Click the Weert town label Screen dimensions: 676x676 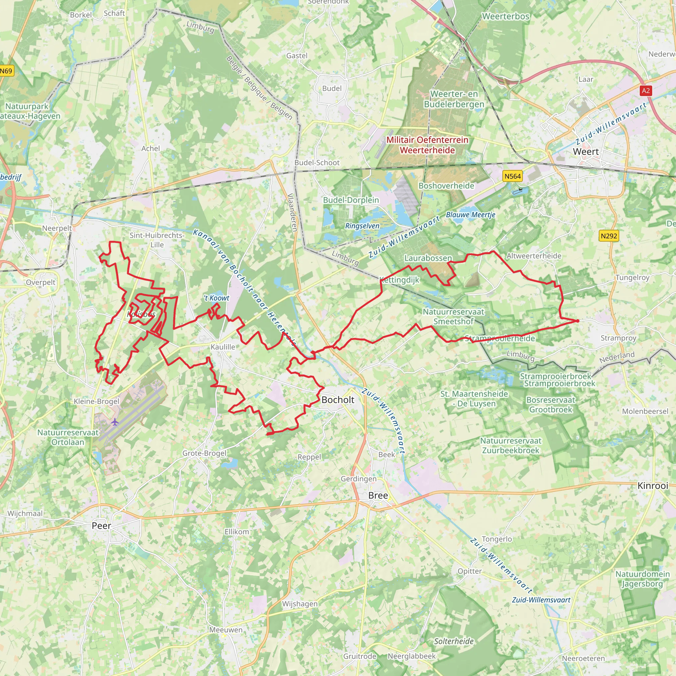[x=586, y=152]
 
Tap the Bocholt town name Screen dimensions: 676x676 [x=338, y=400]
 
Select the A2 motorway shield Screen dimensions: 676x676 [x=646, y=91]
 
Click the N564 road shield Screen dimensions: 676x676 [x=512, y=176]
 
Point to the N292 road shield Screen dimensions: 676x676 [x=609, y=236]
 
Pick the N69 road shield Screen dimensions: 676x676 [x=6, y=71]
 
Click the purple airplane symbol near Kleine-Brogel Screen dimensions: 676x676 [x=115, y=422]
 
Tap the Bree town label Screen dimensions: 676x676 [x=378, y=495]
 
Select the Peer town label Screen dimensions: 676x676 [x=101, y=525]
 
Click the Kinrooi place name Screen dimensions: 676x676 [x=653, y=486]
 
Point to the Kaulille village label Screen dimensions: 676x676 [x=223, y=347]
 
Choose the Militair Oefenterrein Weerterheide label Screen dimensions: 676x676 [x=427, y=145]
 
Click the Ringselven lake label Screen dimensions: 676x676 [x=362, y=226]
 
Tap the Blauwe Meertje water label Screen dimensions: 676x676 [x=471, y=215]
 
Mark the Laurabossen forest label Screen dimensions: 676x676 [x=428, y=258]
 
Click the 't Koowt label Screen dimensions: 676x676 [x=217, y=298]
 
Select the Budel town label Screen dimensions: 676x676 [x=332, y=88]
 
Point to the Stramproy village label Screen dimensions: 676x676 [x=618, y=338]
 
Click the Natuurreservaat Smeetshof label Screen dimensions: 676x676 [x=454, y=316]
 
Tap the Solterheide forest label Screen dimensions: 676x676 [x=454, y=641]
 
